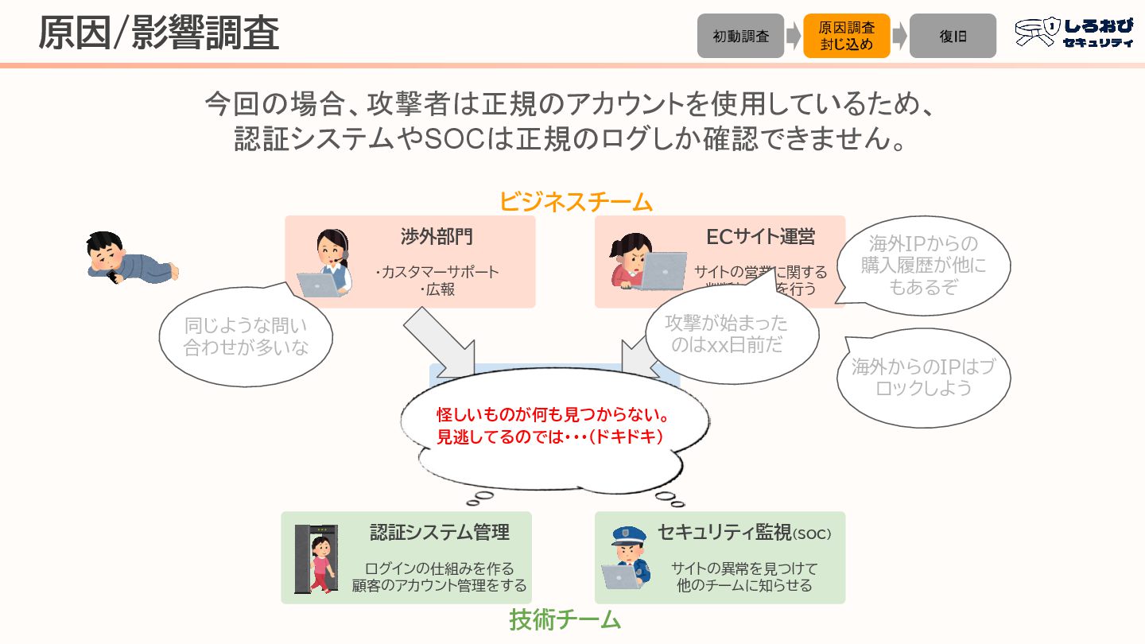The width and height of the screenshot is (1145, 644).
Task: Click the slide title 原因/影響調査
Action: tap(158, 33)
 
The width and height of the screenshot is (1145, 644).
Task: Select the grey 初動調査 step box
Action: tap(740, 36)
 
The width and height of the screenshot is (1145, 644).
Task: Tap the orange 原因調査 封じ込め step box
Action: tap(846, 36)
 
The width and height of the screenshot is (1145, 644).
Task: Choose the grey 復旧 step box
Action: tap(953, 36)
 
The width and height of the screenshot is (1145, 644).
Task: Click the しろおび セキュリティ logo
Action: tap(1074, 33)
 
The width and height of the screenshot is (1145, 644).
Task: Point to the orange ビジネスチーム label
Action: tap(576, 202)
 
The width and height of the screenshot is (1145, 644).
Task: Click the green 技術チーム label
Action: tap(565, 619)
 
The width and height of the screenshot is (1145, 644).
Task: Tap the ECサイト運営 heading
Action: tap(760, 236)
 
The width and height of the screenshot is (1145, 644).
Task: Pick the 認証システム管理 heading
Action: tap(439, 532)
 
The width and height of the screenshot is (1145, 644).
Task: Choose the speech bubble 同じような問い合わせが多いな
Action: tap(246, 336)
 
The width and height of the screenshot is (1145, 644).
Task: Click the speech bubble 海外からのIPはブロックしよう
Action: tap(923, 378)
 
